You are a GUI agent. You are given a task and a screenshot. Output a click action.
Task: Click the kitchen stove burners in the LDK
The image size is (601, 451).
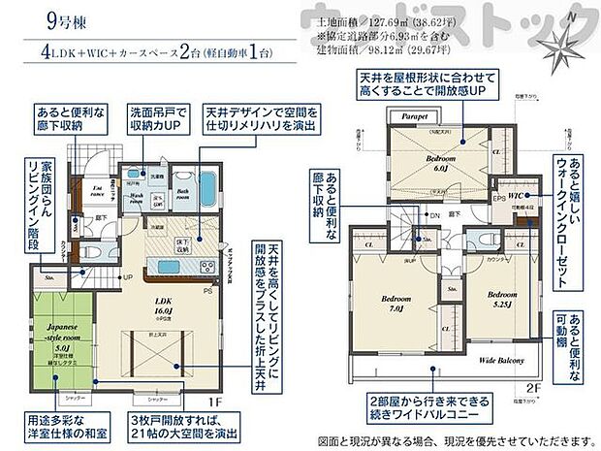tap(183, 266)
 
